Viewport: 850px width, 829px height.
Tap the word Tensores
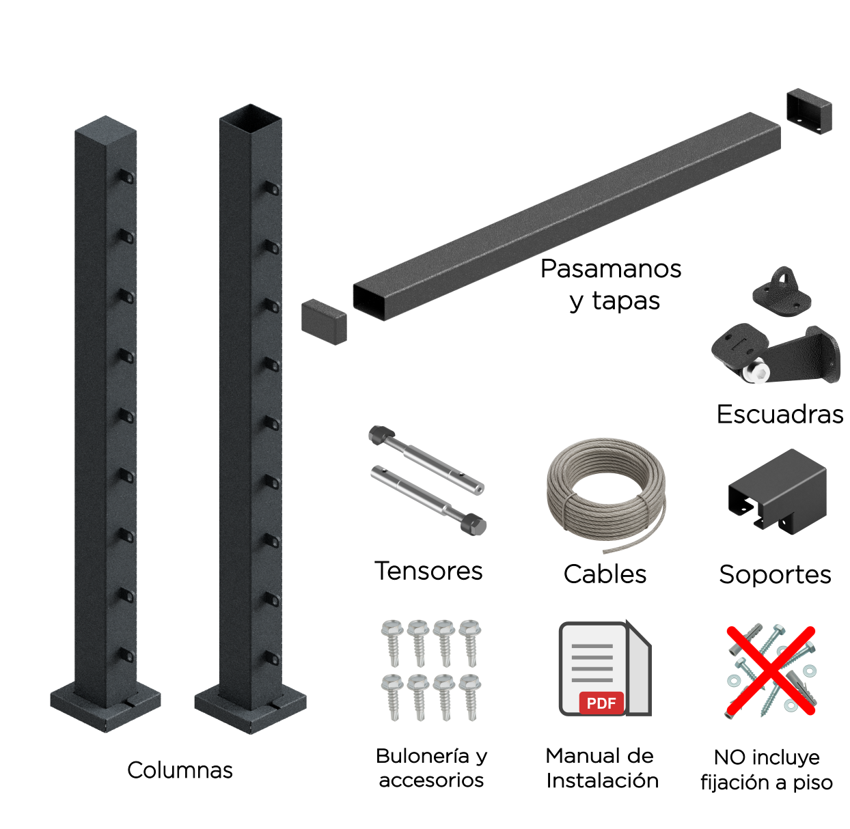pyautogui.click(x=428, y=571)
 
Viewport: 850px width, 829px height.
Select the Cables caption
pyautogui.click(x=605, y=574)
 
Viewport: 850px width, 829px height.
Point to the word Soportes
pyautogui.click(x=775, y=575)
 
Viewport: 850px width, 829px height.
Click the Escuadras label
pyautogui.click(x=780, y=414)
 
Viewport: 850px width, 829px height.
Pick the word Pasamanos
pyautogui.click(x=611, y=268)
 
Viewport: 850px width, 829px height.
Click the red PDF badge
pyautogui.click(x=601, y=703)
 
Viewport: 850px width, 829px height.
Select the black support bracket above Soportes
pyautogui.click(x=777, y=492)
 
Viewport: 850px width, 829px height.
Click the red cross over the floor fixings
pyautogui.click(x=771, y=671)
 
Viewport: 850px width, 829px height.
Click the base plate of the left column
pyautogui.click(x=105, y=708)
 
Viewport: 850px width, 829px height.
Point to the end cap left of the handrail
pyautogui.click(x=324, y=322)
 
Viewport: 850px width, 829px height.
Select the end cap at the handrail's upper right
pyautogui.click(x=809, y=111)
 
